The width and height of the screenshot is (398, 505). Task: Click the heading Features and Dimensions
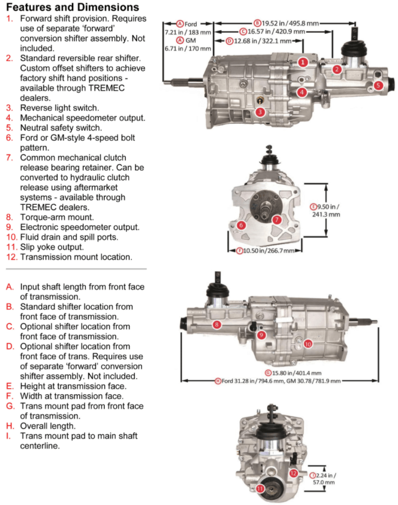point(72,8)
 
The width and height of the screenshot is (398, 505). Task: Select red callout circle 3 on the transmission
point(260,112)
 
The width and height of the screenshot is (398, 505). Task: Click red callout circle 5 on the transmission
point(378,85)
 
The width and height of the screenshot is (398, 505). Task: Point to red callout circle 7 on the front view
point(276,219)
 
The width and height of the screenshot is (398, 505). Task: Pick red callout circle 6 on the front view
point(241,225)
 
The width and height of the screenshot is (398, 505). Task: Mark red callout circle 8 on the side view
point(216,325)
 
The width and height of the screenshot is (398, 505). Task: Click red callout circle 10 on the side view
point(307,344)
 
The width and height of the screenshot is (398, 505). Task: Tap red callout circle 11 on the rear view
point(260,488)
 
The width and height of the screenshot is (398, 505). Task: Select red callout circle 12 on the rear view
point(293,473)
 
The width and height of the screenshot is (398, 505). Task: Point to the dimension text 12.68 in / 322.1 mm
point(262,41)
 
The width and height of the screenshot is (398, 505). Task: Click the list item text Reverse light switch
point(60,107)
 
